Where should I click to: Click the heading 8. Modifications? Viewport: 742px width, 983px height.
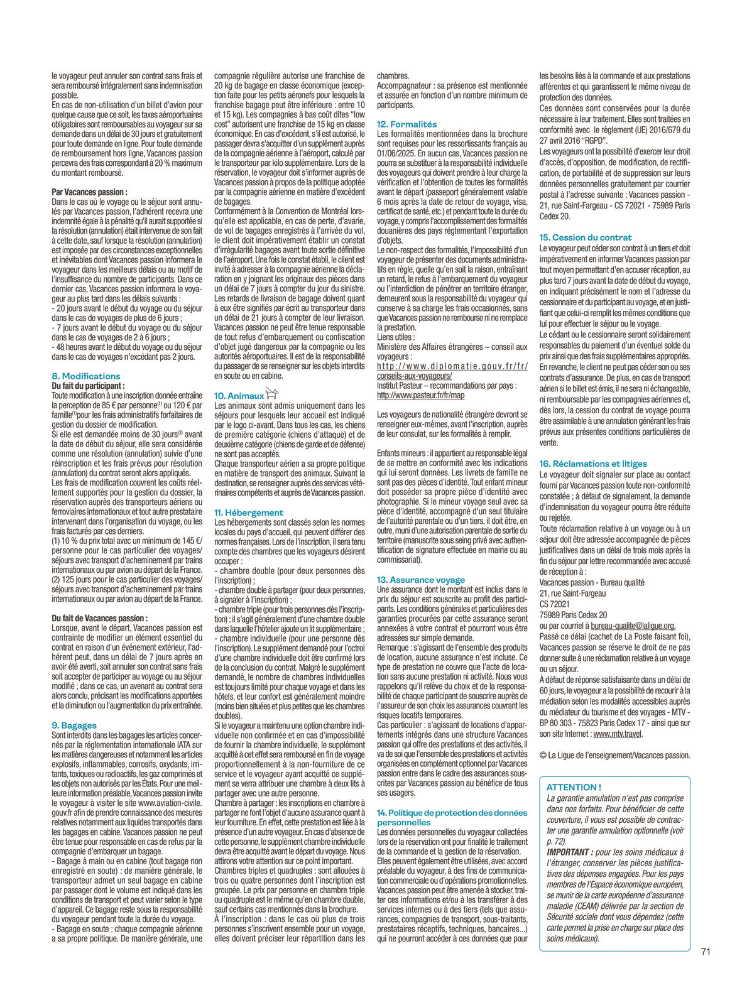click(x=85, y=376)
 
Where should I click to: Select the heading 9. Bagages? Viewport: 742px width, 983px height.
click(x=74, y=725)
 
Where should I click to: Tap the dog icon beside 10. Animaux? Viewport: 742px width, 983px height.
click(x=271, y=394)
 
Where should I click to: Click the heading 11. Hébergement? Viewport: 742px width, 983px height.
click(x=249, y=513)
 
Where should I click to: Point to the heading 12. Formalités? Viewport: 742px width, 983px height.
click(x=406, y=124)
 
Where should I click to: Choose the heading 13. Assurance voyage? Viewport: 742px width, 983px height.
click(x=421, y=580)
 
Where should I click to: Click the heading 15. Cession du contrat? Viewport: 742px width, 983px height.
click(x=586, y=237)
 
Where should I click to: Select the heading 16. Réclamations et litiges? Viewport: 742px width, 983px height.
click(x=593, y=464)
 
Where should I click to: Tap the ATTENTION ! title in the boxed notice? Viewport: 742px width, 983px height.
click(x=574, y=787)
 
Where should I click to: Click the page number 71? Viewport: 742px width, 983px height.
click(x=705, y=952)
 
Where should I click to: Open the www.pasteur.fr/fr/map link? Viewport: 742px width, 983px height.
click(x=420, y=396)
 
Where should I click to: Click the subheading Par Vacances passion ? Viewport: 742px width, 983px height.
click(x=89, y=192)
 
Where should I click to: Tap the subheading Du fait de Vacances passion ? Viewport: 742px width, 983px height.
click(x=99, y=618)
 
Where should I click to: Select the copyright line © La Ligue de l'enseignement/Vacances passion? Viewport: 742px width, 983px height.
click(x=614, y=756)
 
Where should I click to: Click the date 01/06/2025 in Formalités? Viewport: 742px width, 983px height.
click(x=396, y=153)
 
